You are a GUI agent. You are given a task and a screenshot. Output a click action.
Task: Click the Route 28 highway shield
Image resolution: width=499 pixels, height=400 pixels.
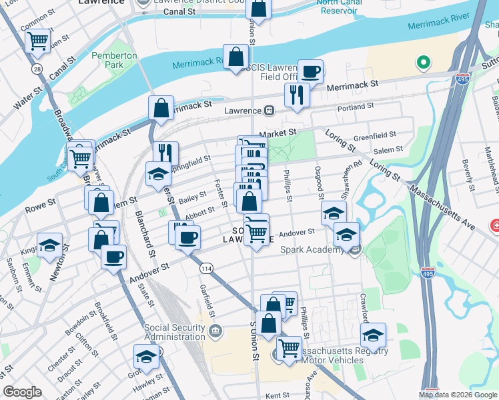(36, 69)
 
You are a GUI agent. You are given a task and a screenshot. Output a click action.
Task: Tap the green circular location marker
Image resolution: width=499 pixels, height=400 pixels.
(422, 64)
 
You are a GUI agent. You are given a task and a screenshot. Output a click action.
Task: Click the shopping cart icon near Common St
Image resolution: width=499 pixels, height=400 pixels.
(38, 41)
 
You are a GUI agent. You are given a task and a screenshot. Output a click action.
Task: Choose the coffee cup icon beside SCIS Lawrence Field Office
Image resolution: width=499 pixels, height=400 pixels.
(310, 70)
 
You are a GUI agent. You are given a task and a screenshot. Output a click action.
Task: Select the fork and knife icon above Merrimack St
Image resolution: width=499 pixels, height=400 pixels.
(297, 94)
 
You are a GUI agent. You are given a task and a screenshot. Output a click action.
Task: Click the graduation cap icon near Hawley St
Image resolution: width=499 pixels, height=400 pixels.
(146, 356)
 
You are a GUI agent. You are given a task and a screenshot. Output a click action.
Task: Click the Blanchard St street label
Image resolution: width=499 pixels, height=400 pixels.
(145, 234)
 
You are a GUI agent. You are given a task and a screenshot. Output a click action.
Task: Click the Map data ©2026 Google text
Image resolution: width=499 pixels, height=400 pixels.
(458, 394)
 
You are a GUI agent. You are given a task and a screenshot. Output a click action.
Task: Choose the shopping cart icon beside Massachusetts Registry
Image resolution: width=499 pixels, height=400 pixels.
(289, 347)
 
